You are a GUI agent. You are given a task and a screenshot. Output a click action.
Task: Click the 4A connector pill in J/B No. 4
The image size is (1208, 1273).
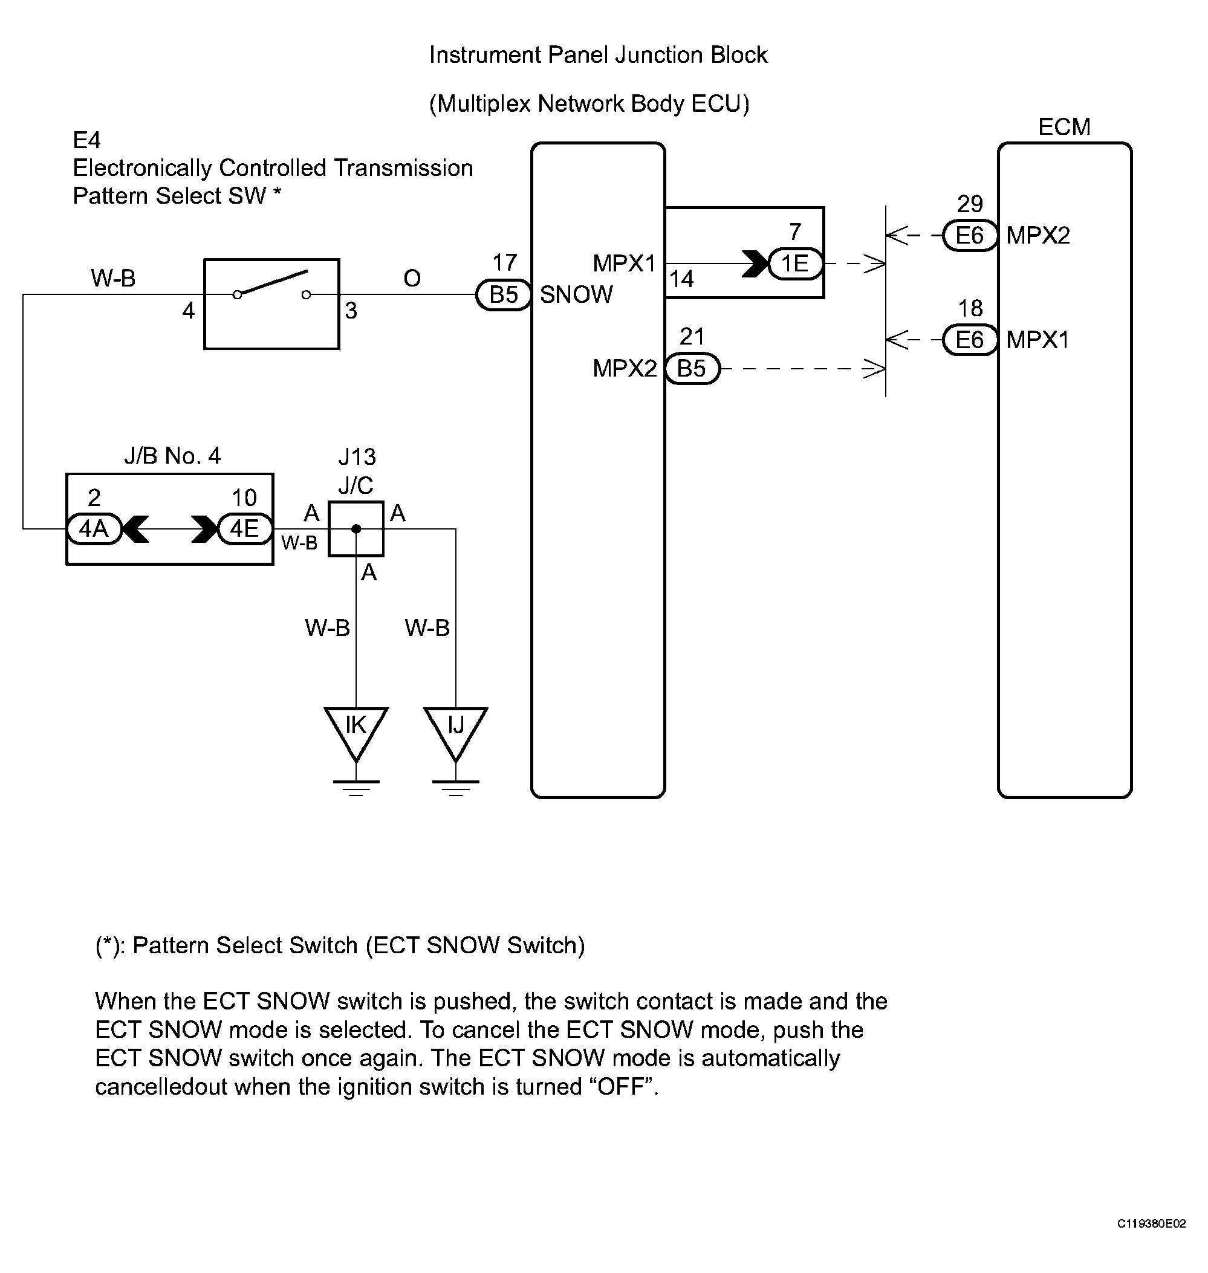(x=94, y=529)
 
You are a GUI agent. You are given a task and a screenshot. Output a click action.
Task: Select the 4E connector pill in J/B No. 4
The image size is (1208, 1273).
(x=245, y=529)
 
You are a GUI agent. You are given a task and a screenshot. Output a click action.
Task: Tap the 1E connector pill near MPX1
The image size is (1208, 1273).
(x=796, y=264)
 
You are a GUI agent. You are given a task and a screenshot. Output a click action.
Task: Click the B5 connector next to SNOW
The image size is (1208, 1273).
(x=504, y=295)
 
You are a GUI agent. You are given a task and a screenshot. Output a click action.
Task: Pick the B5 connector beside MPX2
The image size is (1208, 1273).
(x=692, y=369)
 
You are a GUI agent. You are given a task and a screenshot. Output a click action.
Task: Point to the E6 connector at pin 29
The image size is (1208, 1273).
(x=970, y=236)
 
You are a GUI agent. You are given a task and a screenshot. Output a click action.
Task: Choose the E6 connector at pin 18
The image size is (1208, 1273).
(x=970, y=340)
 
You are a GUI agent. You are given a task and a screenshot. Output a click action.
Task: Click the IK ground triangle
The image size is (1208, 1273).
(x=356, y=733)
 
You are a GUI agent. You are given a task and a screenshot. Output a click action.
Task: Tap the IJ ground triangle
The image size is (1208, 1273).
(x=456, y=733)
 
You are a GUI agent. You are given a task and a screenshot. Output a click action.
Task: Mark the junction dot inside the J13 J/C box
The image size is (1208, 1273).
(x=356, y=530)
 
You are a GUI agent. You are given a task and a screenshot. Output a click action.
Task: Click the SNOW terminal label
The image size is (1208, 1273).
(x=576, y=295)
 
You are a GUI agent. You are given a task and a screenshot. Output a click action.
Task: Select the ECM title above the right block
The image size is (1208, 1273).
(x=1064, y=127)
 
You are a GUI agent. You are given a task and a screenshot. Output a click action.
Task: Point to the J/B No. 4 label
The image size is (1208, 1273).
(x=172, y=456)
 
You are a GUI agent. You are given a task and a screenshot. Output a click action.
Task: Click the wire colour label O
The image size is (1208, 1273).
(x=412, y=278)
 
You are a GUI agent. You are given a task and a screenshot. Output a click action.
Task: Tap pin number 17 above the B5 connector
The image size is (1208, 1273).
(x=505, y=263)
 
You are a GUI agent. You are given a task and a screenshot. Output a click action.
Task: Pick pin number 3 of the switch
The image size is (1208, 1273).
(x=351, y=311)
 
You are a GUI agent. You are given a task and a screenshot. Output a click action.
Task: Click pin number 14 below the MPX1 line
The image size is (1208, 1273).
(x=681, y=279)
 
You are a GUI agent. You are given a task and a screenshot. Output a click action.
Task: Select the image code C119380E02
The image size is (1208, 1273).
(x=1151, y=1224)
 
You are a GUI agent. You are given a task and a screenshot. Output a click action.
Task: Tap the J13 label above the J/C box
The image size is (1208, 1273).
(x=357, y=457)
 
